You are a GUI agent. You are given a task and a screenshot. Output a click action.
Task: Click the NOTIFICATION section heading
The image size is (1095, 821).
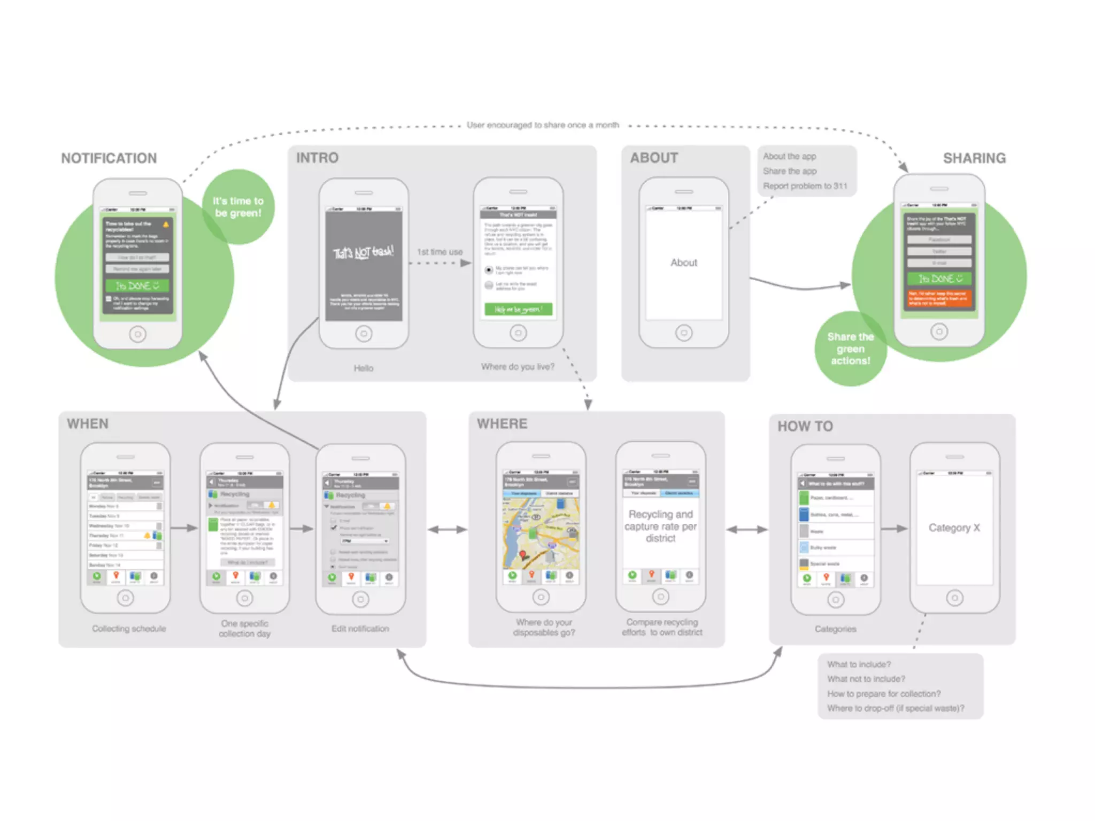[109, 158]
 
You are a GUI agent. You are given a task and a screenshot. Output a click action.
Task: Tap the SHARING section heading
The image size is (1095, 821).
[974, 158]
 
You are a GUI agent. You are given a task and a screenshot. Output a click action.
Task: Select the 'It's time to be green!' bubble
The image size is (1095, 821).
[238, 207]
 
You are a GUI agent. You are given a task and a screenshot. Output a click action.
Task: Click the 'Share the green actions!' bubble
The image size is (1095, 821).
[850, 348]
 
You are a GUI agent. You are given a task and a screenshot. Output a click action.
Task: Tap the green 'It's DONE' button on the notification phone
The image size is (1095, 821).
[137, 285]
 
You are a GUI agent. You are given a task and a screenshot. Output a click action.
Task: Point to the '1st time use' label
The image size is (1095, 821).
[439, 252]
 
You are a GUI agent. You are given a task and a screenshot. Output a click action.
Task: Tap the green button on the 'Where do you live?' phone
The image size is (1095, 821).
[518, 309]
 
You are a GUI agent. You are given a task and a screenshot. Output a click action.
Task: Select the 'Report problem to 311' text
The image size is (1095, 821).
[805, 186]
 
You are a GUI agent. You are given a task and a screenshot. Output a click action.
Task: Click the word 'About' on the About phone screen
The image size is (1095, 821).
[684, 262]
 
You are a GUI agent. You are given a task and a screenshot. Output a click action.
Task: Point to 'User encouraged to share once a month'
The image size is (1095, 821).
[543, 125]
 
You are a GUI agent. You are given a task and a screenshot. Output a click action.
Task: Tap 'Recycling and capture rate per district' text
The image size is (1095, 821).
[660, 526]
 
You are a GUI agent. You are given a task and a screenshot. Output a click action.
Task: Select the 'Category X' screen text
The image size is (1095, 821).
[954, 528]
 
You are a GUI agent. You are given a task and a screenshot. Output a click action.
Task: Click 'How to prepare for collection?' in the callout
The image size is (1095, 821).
[884, 694]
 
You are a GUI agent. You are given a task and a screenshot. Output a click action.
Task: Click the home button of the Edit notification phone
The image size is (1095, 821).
[360, 599]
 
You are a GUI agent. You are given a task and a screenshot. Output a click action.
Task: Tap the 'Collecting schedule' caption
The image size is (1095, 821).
[129, 629]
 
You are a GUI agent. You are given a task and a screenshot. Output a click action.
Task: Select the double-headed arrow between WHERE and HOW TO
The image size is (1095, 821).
[747, 530]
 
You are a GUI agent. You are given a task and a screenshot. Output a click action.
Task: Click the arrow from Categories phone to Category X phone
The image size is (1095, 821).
[894, 529]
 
